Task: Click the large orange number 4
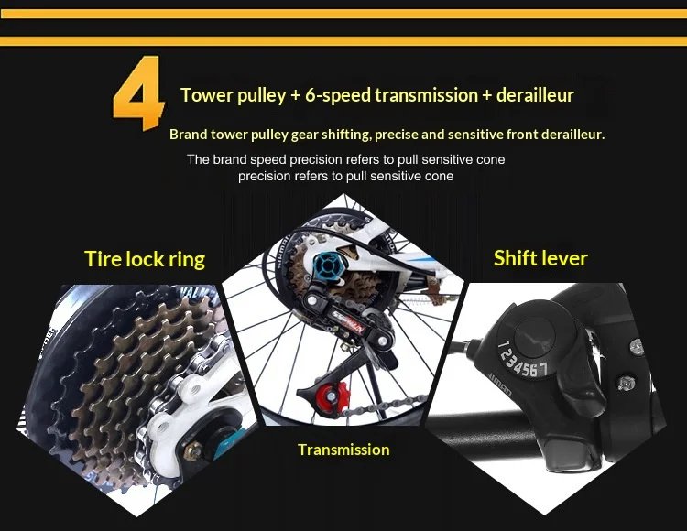pyautogui.click(x=139, y=92)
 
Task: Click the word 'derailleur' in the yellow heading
pyautogui.click(x=535, y=95)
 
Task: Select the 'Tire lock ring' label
pyautogui.click(x=145, y=259)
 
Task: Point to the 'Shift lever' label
pyautogui.click(x=540, y=258)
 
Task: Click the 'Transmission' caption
pyautogui.click(x=343, y=450)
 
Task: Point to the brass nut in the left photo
pyautogui.click(x=192, y=450)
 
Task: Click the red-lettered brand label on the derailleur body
pyautogui.click(x=347, y=320)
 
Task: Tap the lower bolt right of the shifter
pyautogui.click(x=627, y=383)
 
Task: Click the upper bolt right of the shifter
pyautogui.click(x=638, y=346)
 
